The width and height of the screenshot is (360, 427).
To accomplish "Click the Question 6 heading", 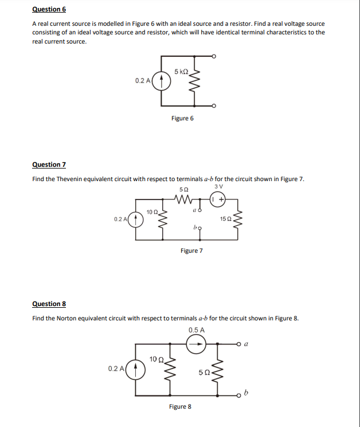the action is tap(49, 9).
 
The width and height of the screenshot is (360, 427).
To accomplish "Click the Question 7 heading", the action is tap(49, 164).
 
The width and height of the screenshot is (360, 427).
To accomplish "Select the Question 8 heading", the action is tap(49, 304).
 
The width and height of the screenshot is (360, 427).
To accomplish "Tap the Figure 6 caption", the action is tap(182, 119).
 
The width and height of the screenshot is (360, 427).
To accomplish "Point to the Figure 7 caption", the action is tap(191, 250).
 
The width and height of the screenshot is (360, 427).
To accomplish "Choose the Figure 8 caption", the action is tap(180, 406).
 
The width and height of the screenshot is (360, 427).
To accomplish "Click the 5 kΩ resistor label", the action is tap(181, 72).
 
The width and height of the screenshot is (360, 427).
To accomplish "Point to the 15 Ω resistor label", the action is tap(225, 219).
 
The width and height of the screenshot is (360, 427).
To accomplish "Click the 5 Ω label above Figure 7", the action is tap(183, 189).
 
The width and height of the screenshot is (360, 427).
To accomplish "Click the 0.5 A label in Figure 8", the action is tap(196, 330).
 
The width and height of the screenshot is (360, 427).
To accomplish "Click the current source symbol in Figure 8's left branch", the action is tap(136, 369).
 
